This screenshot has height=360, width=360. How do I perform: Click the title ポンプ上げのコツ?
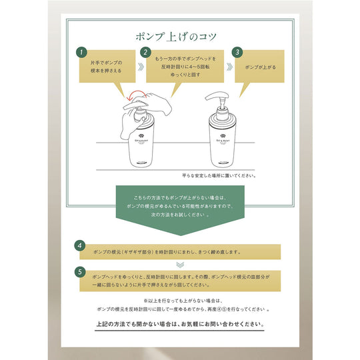point(179,35)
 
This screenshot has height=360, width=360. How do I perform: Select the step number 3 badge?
point(237,51)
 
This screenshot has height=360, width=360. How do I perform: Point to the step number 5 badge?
point(80,272)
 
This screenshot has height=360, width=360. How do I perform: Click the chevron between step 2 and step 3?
point(227,67)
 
